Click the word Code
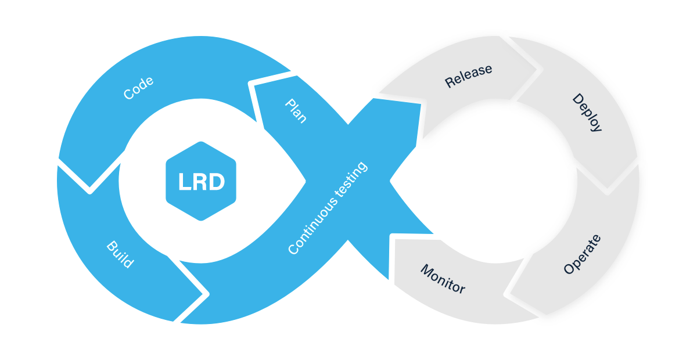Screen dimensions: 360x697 pos(139,88)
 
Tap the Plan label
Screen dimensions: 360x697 pos(296,110)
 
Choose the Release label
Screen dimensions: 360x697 pos(468,76)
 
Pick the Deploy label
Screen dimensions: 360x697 pos(587,113)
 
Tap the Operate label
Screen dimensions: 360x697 pos(582,255)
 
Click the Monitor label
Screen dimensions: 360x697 pos(443,279)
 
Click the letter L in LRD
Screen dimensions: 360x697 pos(183,182)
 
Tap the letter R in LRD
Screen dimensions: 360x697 pos(200,182)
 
